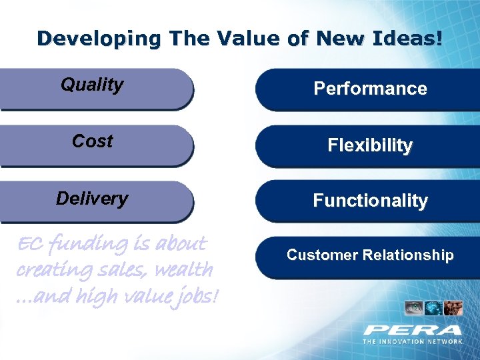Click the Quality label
(92, 85)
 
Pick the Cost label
(92, 141)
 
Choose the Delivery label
(92, 199)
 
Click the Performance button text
(370, 89)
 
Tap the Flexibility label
(370, 145)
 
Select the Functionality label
(370, 201)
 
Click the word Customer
(317, 255)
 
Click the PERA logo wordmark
(412, 329)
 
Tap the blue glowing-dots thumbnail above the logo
(434, 308)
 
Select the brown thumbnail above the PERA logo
(453, 308)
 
